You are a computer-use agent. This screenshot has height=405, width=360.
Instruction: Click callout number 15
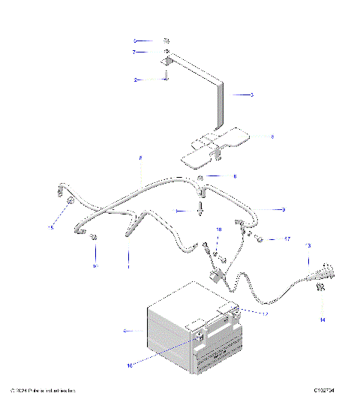[x=51, y=227]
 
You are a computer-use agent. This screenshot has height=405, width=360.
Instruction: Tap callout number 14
[x=323, y=320]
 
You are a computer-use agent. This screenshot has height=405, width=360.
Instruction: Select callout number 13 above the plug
[x=307, y=246]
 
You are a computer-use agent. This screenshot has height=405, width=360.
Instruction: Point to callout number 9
[x=283, y=209]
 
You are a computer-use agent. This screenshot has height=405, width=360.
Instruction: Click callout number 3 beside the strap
[x=252, y=95]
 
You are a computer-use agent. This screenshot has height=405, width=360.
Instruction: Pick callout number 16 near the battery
[x=129, y=365]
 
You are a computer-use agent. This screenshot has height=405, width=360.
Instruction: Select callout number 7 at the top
[x=133, y=52]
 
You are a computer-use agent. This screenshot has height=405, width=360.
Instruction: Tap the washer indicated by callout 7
[x=166, y=52]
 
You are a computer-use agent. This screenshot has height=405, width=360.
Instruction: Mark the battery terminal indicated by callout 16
[x=199, y=339]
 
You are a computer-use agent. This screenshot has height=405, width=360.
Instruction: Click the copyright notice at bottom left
[x=41, y=391]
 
